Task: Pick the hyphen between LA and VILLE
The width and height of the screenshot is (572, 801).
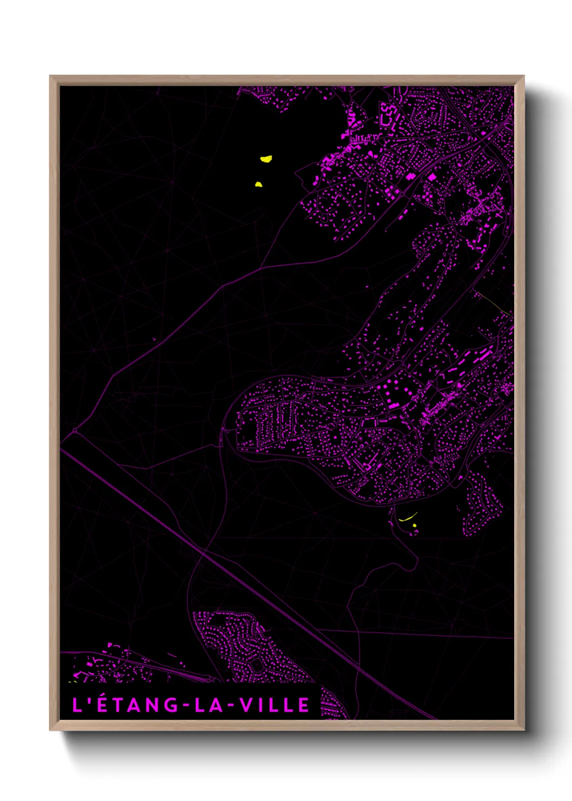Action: click(231, 705)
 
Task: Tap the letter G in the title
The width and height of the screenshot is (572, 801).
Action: click(172, 705)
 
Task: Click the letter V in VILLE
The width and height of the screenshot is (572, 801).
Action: click(245, 705)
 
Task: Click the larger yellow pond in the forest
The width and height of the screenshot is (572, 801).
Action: click(265, 159)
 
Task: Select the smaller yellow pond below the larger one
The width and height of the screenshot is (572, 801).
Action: click(258, 185)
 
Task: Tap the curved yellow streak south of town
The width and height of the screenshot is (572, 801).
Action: click(408, 517)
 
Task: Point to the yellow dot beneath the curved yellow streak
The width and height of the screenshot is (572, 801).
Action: click(414, 526)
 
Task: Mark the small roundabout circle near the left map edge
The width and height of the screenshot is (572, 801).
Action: click(74, 431)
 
